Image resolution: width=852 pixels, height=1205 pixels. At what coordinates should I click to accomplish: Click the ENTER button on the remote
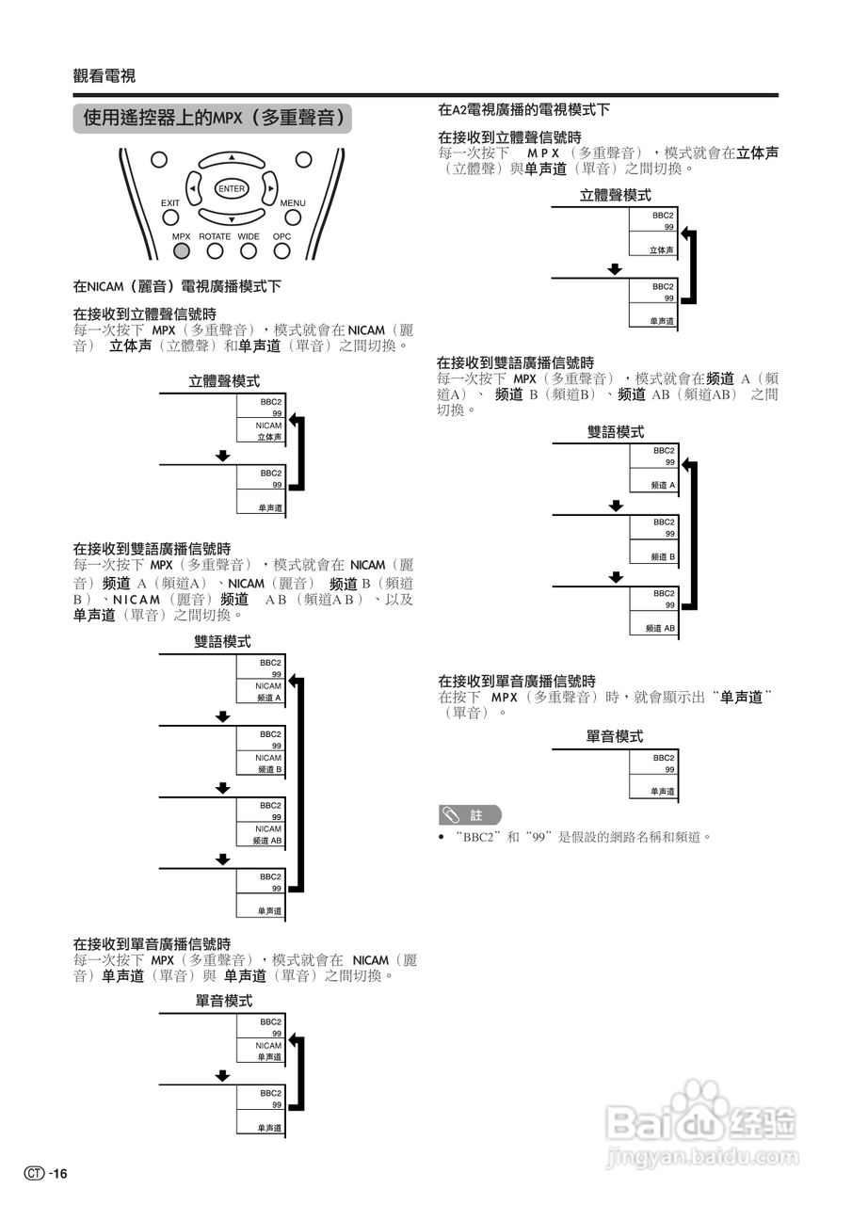click(231, 188)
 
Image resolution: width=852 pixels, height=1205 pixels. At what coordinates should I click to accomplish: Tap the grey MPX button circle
click(182, 250)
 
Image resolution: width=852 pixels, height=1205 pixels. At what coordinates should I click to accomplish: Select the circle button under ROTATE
click(215, 250)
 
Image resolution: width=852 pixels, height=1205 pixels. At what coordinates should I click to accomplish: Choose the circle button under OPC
click(281, 250)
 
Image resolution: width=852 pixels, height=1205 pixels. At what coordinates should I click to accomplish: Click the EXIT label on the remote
click(169, 203)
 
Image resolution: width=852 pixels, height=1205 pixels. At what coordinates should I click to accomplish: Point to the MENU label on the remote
click(292, 203)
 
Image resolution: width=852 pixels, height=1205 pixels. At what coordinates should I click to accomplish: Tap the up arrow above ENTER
click(231, 158)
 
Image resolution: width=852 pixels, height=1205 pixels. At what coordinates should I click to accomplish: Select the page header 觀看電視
click(104, 76)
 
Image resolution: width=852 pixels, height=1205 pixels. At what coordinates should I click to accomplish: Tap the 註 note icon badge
click(470, 815)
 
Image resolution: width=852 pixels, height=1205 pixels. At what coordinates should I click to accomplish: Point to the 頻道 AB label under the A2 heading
click(660, 628)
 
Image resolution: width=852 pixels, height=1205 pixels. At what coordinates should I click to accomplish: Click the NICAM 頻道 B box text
click(269, 763)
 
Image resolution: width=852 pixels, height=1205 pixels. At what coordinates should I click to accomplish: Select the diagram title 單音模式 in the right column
click(614, 736)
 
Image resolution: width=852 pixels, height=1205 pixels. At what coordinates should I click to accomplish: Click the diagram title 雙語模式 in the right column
click(616, 432)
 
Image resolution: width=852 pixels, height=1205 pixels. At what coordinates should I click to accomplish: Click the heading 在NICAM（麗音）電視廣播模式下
click(177, 285)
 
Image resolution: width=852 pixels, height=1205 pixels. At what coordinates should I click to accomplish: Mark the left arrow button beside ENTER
click(194, 188)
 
